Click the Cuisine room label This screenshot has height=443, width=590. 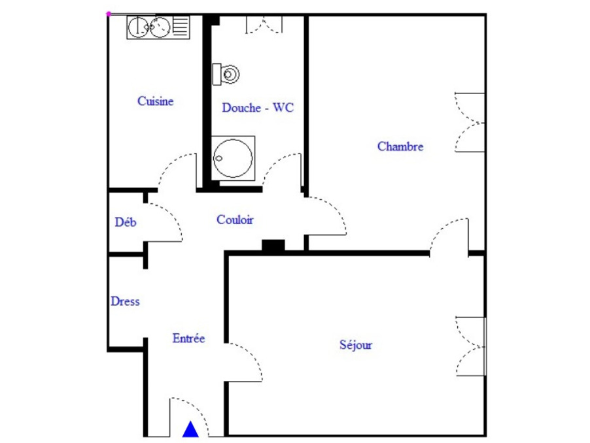pyautogui.click(x=155, y=101)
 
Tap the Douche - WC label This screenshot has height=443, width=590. pyautogui.click(x=258, y=108)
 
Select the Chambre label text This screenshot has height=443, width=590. pyautogui.click(x=400, y=146)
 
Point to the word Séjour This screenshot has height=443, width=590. pyautogui.click(x=356, y=345)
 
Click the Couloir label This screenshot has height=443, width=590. pyautogui.click(x=235, y=220)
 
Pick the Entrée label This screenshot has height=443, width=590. pyautogui.click(x=188, y=338)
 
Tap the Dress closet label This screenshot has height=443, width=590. pyautogui.click(x=125, y=301)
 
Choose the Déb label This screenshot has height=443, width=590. pyautogui.click(x=126, y=222)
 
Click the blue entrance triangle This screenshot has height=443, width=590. pyautogui.click(x=190, y=429)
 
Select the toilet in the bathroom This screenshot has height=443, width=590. pyautogui.click(x=226, y=74)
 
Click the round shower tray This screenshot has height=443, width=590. pyautogui.click(x=232, y=157)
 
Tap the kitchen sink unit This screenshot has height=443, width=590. pyautogui.click(x=158, y=27)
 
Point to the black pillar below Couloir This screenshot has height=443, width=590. pyautogui.click(x=273, y=246)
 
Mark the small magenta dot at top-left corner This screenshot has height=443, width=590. pyautogui.click(x=109, y=13)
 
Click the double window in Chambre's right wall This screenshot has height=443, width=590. pyautogui.click(x=470, y=123)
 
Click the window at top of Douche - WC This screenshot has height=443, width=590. pyautogui.click(x=264, y=24)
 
